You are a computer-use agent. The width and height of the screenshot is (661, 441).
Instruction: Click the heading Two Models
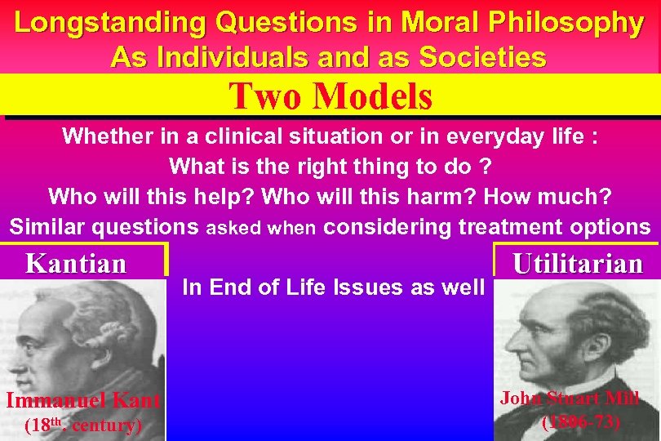coord(330,96)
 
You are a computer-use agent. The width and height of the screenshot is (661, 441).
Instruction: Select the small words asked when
coord(260,228)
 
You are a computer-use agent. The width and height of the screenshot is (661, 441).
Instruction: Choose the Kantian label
coord(77,264)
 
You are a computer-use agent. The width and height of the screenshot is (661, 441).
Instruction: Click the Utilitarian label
coord(578,264)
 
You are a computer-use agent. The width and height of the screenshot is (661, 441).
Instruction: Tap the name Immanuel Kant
coord(82,400)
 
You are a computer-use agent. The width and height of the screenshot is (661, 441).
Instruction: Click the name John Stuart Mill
coord(570,399)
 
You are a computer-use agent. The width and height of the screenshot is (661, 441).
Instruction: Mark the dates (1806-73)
coord(581,422)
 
